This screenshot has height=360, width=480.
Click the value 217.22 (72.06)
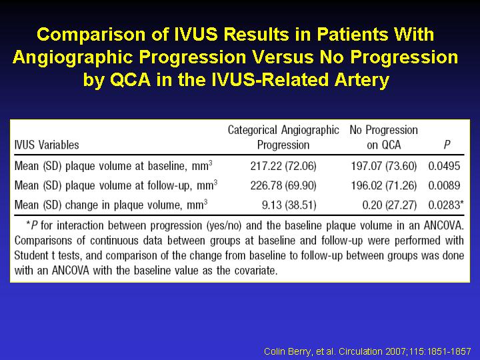[283, 166]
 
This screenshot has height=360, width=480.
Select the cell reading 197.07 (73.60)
[383, 166]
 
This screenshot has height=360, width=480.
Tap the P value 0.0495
[444, 166]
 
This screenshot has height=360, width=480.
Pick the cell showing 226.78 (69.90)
[283, 185]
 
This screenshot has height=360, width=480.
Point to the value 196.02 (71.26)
[383, 185]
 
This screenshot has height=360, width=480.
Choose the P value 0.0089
[444, 185]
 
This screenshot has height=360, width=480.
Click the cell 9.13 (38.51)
[289, 205]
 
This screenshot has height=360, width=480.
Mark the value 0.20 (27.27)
[389, 205]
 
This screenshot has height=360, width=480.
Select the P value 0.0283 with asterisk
[446, 205]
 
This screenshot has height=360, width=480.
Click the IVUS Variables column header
[47, 145]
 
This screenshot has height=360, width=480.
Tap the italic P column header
[447, 145]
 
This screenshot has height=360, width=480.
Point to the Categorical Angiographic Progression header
[283, 137]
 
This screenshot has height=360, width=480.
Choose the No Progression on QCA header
[383, 137]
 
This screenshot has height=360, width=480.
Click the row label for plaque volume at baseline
[113, 166]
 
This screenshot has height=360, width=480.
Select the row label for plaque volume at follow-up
[116, 185]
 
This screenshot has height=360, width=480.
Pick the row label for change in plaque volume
[111, 205]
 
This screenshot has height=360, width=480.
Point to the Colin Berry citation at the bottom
[367, 351]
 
